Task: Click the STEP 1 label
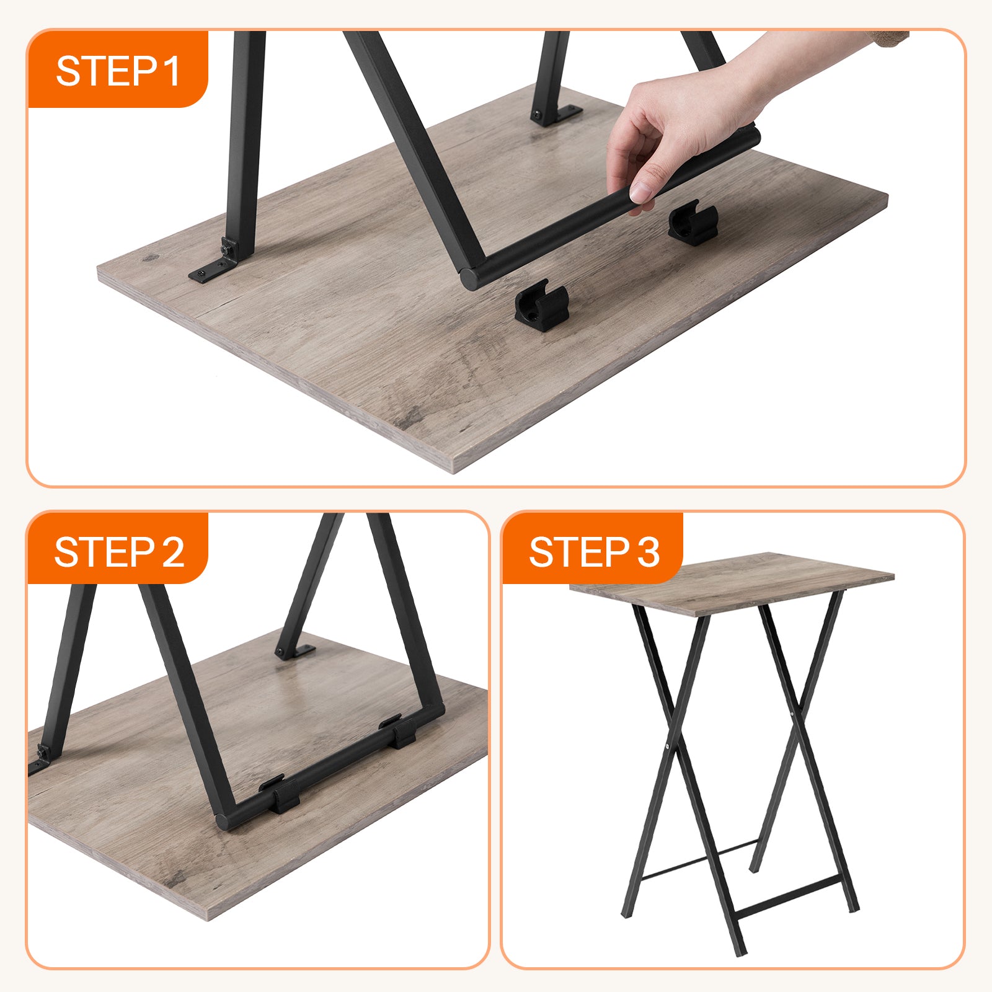(118, 71)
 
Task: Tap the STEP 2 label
(119, 552)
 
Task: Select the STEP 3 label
(594, 552)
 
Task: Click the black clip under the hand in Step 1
(693, 223)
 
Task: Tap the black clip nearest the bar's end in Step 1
(542, 305)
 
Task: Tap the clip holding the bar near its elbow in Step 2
(282, 794)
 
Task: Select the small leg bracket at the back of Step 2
(296, 652)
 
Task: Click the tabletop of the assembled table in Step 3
(732, 583)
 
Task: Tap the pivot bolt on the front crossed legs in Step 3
(666, 746)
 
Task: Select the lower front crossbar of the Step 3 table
(787, 897)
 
